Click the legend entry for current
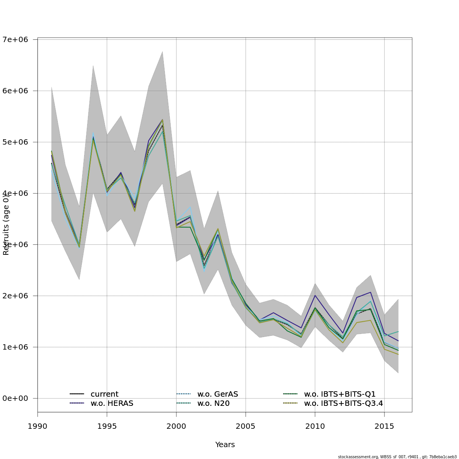104,394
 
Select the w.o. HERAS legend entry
112,404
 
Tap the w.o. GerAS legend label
217,394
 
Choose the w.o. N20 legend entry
213,404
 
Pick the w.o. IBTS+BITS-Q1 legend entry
340,394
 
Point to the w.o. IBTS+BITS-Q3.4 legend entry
343,404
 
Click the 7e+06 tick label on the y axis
18,39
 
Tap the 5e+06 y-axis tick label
18,142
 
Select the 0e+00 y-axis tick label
18,398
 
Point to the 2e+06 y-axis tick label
18,296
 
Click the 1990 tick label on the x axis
37,426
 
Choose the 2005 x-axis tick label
246,426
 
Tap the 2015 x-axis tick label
384,426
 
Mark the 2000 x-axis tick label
176,426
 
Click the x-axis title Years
225,445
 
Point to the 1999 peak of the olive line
163,120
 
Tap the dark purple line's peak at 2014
371,292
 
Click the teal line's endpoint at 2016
398,331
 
